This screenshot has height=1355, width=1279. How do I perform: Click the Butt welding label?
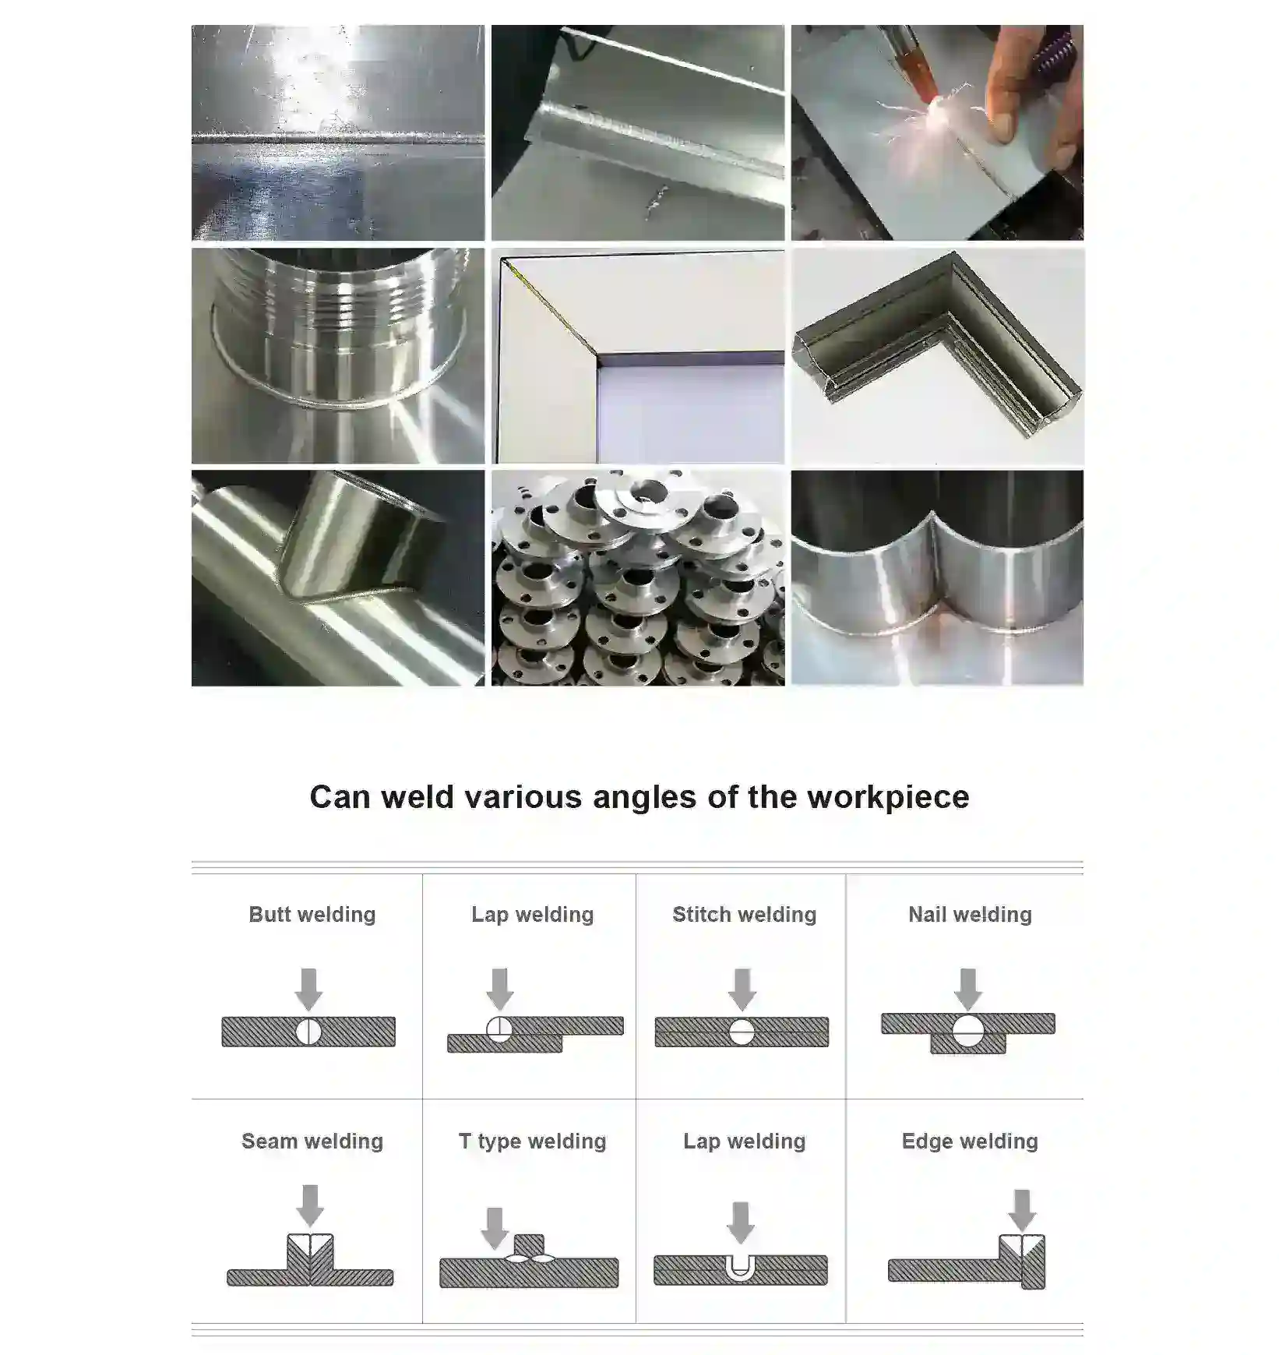(312, 914)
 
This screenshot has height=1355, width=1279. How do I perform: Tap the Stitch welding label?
(744, 914)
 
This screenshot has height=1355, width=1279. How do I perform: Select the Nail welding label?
(970, 914)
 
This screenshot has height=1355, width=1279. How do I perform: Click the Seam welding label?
(312, 1141)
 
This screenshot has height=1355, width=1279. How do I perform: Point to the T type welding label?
(532, 1141)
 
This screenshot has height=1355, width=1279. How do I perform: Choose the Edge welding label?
(970, 1141)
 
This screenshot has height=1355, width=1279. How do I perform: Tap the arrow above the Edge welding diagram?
(1022, 1209)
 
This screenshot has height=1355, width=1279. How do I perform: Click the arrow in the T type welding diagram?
(495, 1227)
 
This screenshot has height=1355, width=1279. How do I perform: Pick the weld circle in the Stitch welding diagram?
(742, 1032)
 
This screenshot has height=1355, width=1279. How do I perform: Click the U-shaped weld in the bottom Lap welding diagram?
(739, 1267)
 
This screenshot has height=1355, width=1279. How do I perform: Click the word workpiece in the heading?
(888, 797)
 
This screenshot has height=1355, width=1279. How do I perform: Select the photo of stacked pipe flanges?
(637, 577)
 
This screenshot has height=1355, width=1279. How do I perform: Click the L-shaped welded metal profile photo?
(937, 355)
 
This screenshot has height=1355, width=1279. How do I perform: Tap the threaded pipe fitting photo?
(337, 355)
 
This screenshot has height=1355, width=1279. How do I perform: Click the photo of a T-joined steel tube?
(337, 577)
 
